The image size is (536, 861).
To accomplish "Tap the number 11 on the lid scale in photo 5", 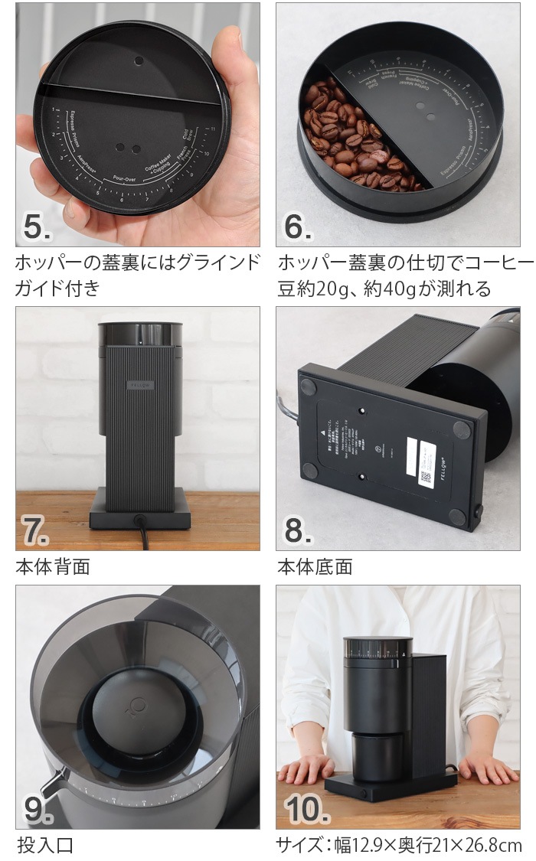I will tap(215, 131).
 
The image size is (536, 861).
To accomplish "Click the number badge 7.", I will tap(34, 531).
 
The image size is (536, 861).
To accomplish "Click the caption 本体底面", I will tap(315, 567).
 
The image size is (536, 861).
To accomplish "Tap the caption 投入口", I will tap(45, 845).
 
